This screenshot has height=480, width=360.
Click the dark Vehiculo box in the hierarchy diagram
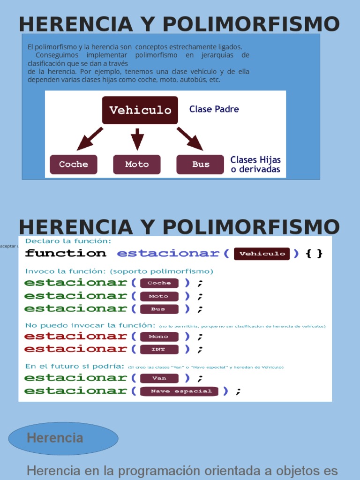point(140,110)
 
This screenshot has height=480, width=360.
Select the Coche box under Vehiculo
point(74,165)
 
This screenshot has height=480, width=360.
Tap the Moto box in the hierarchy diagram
point(137,165)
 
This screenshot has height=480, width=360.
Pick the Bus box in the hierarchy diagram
point(200,165)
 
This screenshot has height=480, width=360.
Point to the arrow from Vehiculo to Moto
point(137,139)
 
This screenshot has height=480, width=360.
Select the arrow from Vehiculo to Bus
point(190,138)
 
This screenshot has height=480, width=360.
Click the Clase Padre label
point(214,109)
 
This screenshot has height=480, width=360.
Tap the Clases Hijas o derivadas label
point(255,165)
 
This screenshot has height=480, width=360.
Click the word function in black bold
point(66,254)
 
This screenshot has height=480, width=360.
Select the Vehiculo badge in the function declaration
point(262,254)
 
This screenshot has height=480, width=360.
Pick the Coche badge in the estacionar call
point(159,283)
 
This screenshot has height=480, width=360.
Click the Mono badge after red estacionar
point(159,337)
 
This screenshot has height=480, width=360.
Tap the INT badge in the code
point(159,350)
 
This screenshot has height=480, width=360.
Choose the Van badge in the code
point(159,378)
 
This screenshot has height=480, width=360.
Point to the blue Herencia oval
point(63,438)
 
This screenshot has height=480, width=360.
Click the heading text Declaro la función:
point(68,241)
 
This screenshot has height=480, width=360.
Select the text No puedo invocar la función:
point(90,325)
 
